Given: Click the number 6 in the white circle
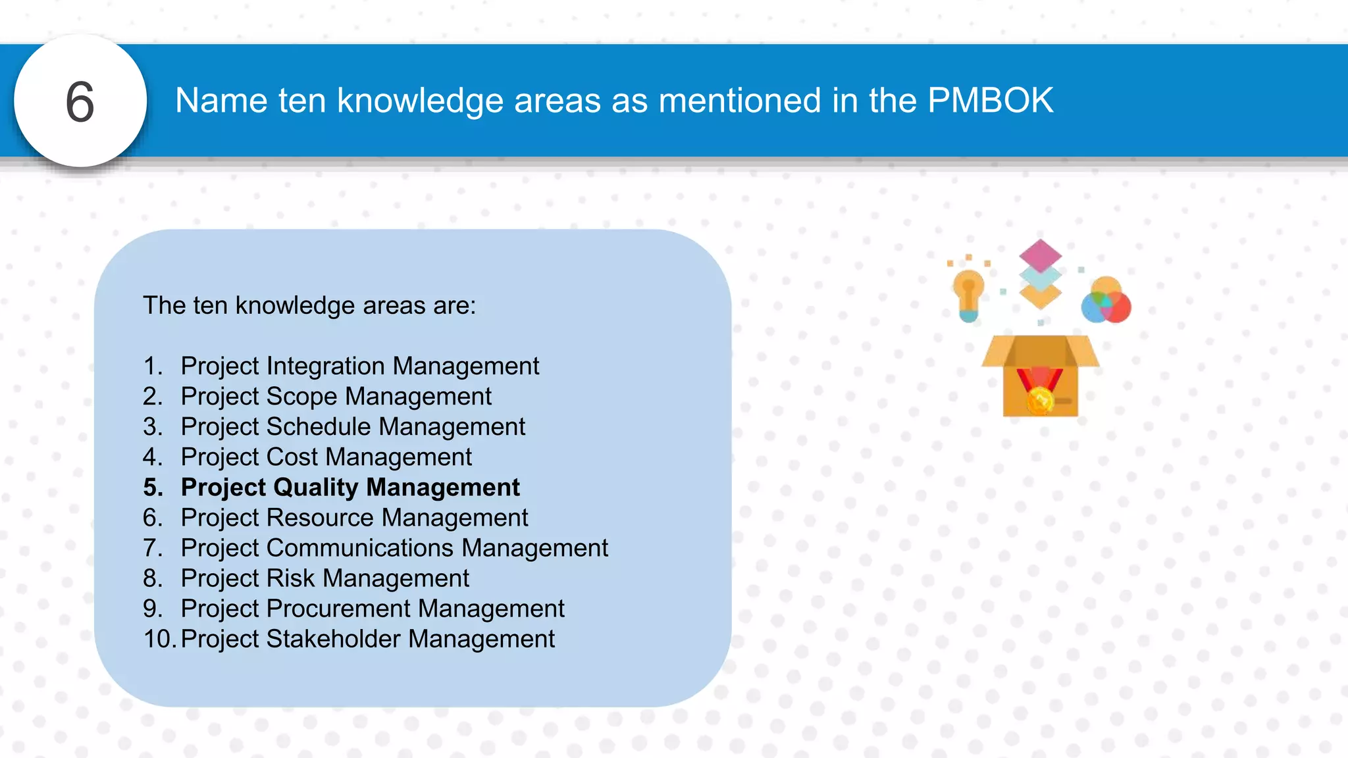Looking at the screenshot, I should click(x=80, y=102).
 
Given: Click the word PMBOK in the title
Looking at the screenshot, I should click(x=990, y=101).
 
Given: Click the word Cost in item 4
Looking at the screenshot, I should click(x=292, y=457).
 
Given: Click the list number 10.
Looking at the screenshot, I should click(x=159, y=639).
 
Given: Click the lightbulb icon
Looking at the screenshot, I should click(x=968, y=295).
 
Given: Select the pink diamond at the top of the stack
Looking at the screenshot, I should click(x=1040, y=255).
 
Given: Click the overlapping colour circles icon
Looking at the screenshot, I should click(x=1106, y=301).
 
